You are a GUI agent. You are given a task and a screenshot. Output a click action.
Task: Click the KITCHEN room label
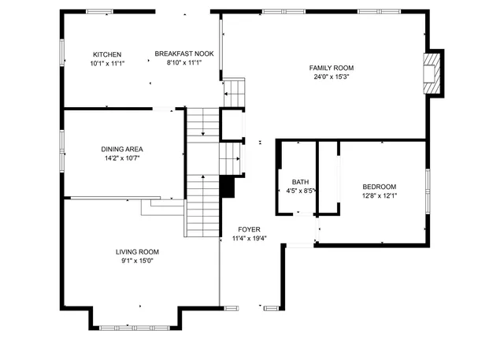click(107, 54)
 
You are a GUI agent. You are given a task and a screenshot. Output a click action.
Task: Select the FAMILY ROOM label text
click(331, 69)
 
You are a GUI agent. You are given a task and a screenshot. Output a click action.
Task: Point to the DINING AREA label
click(121, 149)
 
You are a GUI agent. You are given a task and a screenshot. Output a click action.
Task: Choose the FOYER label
click(250, 229)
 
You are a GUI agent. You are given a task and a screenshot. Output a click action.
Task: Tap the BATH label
click(300, 181)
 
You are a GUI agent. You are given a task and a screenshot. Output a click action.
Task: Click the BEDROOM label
click(379, 187)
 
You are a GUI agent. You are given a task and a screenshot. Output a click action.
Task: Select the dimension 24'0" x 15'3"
click(331, 77)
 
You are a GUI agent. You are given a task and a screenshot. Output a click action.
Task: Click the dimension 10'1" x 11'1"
click(107, 62)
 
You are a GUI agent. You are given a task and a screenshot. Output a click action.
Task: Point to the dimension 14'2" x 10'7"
click(121, 158)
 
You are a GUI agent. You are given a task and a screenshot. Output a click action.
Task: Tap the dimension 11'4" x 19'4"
click(250, 238)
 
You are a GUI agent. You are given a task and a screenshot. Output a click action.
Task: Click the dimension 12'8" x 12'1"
click(379, 195)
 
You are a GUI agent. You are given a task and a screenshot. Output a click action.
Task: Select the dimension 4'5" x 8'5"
click(300, 190)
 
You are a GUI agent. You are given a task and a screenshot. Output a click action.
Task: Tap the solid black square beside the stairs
click(228, 187)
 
